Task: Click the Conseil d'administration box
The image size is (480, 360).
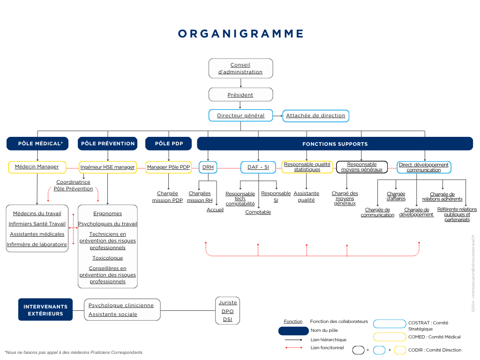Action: coord(240,68)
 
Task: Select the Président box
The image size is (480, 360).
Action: coord(240,95)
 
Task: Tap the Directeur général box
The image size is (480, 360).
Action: coord(240,115)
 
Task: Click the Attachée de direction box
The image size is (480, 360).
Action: coord(315,116)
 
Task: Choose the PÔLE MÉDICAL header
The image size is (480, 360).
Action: coord(37,143)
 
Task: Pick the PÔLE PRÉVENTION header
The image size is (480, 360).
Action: coord(107,143)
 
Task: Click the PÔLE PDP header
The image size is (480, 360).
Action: coord(168,143)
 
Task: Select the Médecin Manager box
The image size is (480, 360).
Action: coord(37,167)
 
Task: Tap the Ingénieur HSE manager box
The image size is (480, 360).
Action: coord(107,167)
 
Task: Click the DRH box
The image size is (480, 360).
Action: coord(208,167)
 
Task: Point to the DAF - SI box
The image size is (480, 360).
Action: coord(258,167)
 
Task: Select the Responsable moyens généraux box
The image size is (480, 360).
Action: coord(362,167)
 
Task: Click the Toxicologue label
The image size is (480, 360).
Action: coord(107,258)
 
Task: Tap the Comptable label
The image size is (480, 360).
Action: coord(258,212)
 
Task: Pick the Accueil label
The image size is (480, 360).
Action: coord(215,210)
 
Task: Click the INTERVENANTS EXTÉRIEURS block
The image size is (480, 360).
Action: coord(45,309)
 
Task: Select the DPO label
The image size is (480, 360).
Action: coord(227,311)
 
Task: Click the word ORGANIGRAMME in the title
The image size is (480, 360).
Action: coord(241,34)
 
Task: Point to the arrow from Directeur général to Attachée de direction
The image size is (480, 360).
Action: coord(277,116)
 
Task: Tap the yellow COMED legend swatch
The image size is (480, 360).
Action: coord(390,337)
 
